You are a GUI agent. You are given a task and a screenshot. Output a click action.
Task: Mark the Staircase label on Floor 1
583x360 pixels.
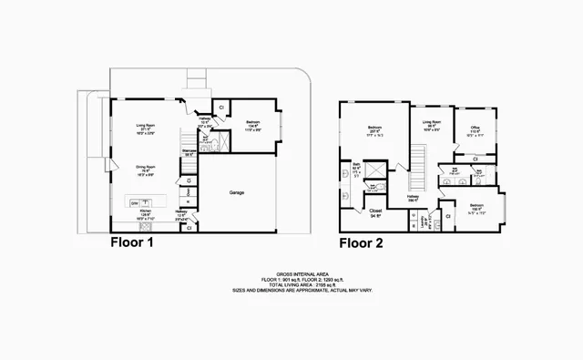[189, 150]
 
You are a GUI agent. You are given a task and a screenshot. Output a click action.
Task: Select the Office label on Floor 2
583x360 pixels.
[475, 129]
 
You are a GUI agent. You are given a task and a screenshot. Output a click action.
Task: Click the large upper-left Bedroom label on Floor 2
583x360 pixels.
[374, 129]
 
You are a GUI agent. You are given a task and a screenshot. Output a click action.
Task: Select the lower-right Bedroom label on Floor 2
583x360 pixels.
[476, 207]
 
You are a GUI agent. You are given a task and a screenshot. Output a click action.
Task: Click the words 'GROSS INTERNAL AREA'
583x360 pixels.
[291, 271]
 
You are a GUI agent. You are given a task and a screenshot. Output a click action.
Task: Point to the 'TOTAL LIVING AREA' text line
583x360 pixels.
[291, 283]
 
